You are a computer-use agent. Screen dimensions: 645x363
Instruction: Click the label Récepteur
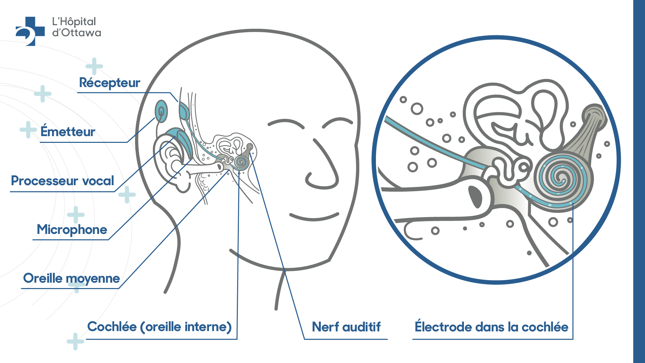[x=110, y=83]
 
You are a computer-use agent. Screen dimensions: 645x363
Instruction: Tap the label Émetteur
[x=68, y=131]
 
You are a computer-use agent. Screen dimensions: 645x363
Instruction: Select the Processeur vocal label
[x=62, y=180]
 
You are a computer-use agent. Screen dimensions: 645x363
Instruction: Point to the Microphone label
[x=72, y=230]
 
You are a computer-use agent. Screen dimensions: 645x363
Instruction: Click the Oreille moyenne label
[x=72, y=278]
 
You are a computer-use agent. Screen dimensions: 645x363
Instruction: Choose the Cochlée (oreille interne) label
[x=160, y=327]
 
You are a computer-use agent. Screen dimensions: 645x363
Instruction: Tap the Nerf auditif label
[x=346, y=327]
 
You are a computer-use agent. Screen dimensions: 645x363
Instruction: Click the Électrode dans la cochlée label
[x=491, y=327]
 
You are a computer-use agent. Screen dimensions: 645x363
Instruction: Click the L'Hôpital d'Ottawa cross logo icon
[x=30, y=31]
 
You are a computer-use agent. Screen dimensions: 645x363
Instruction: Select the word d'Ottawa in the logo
[x=77, y=33]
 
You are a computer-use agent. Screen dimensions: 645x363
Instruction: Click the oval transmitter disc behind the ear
[x=161, y=111]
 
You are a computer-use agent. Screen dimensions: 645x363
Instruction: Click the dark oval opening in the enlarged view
[x=475, y=197]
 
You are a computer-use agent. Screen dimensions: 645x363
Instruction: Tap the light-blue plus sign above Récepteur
[x=94, y=67]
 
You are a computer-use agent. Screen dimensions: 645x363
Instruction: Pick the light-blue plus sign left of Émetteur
[x=28, y=130]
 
